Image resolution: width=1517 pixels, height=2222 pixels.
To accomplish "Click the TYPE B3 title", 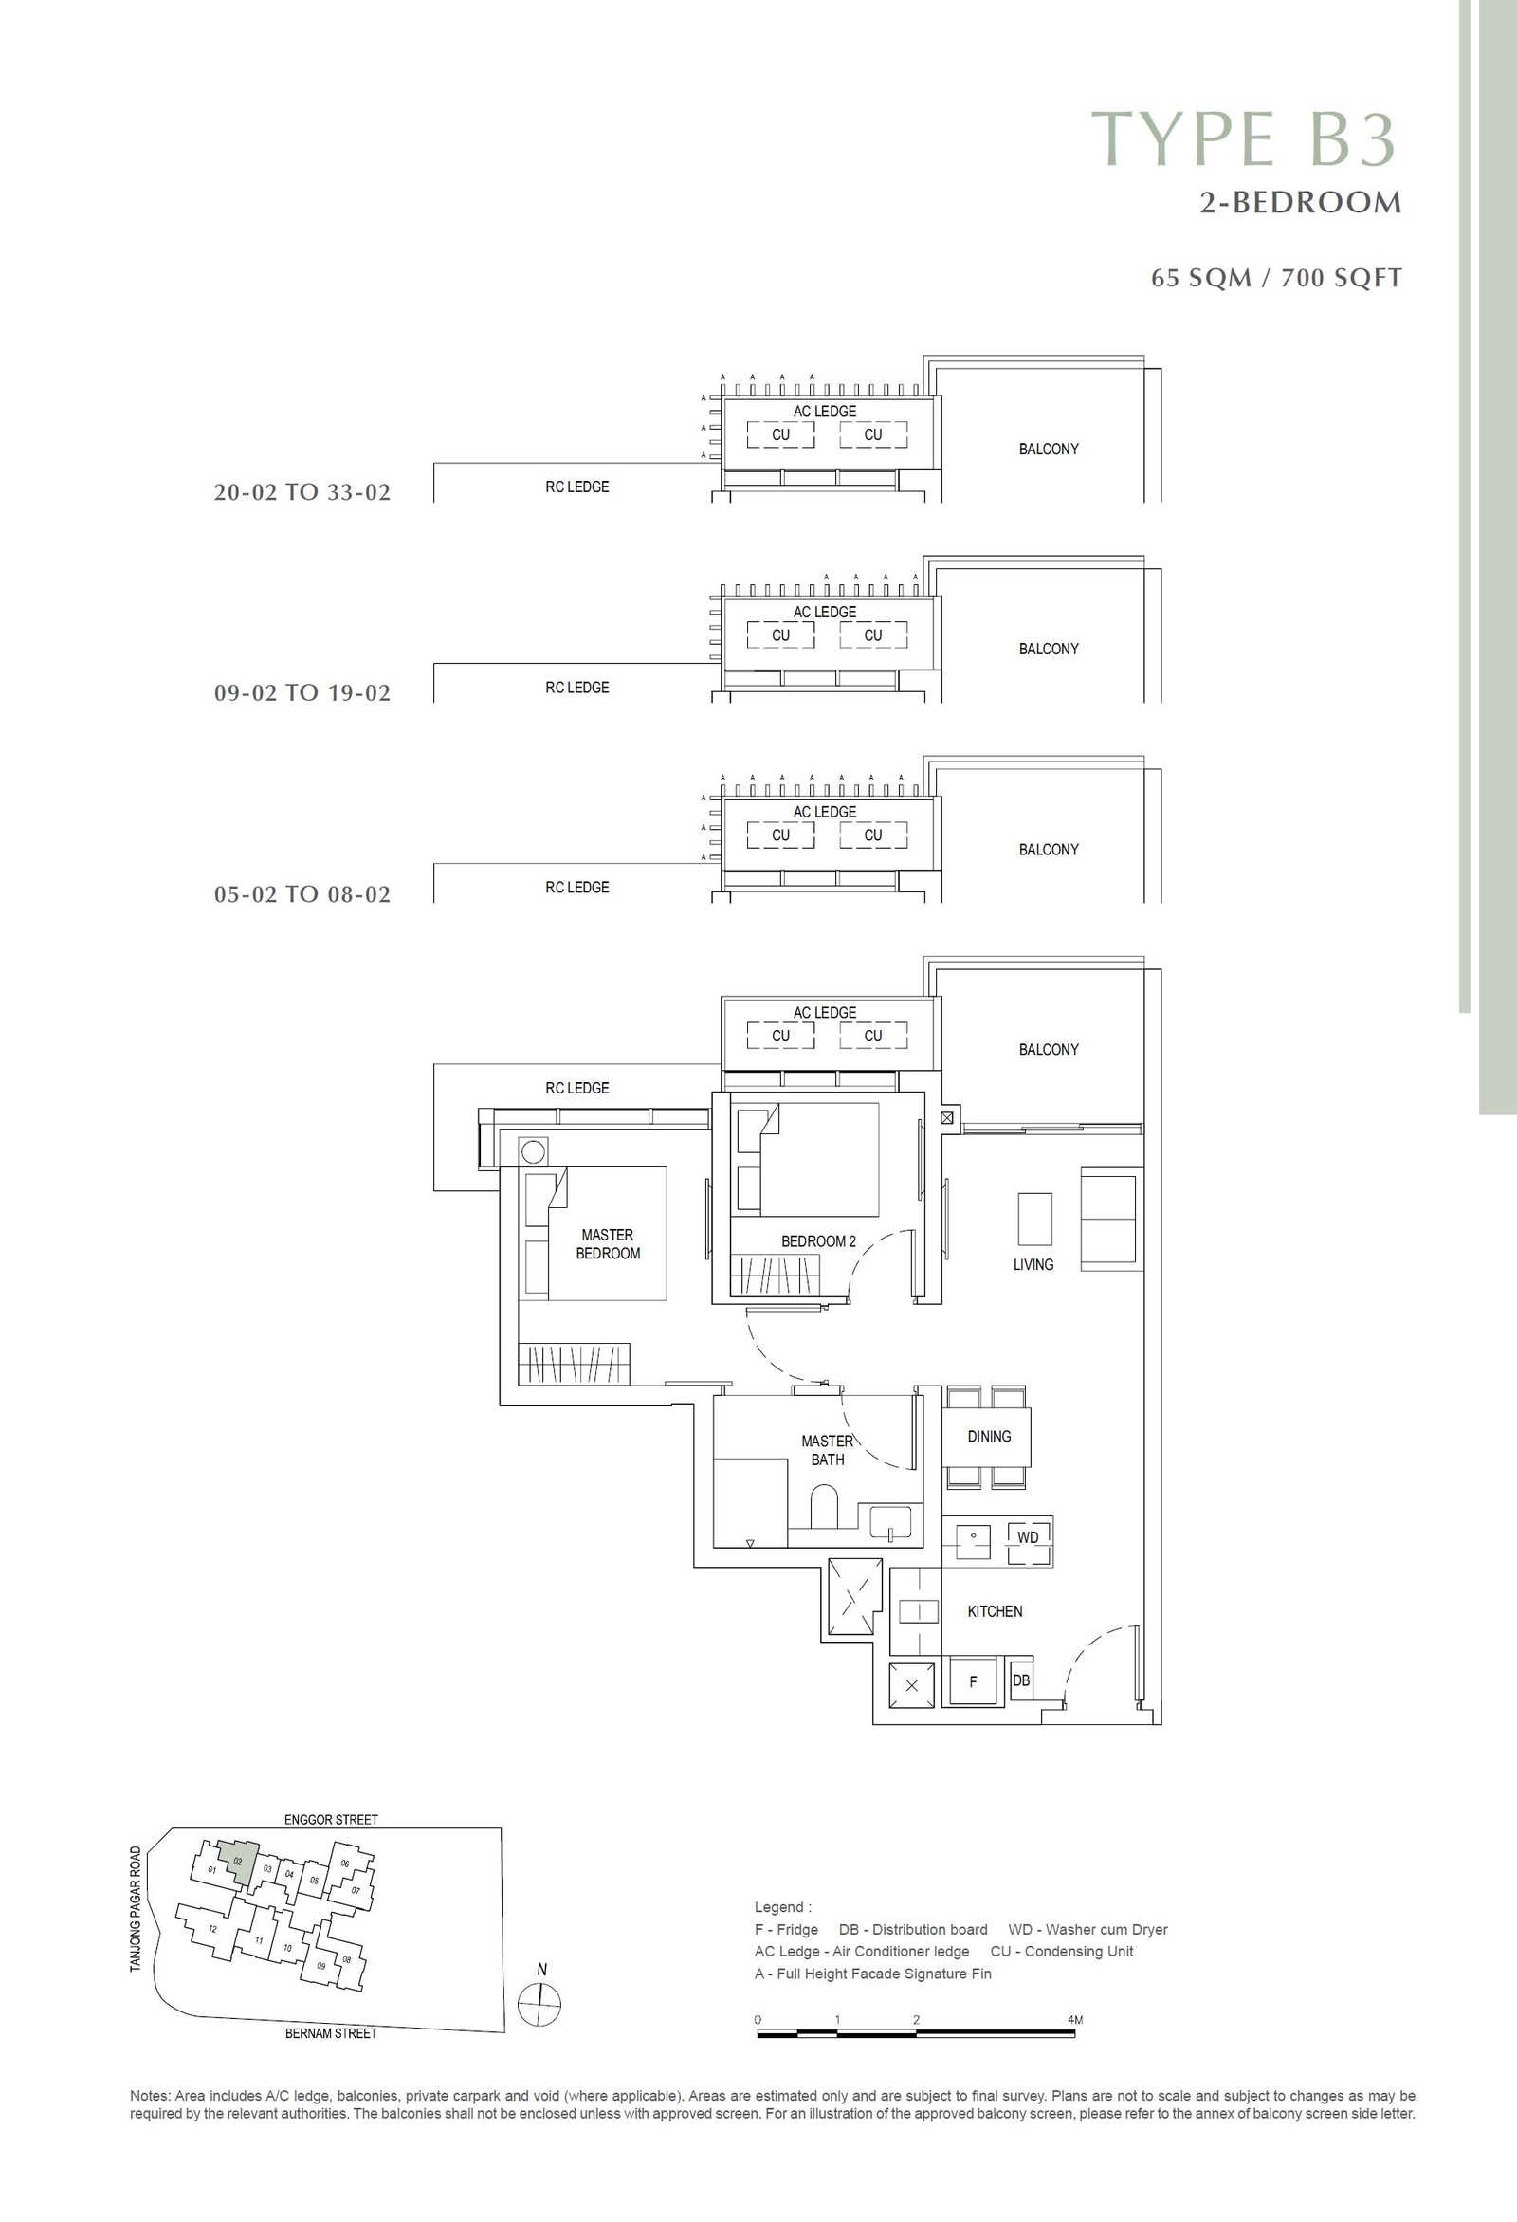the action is tap(1245, 138).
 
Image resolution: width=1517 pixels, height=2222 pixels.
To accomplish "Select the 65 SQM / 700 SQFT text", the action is tap(1276, 278).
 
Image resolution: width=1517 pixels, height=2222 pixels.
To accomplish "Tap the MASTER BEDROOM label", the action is tap(608, 1244).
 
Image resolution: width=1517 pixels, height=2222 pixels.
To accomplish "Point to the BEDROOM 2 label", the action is tap(818, 1241).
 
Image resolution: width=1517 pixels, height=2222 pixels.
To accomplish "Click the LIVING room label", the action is tap(1033, 1264).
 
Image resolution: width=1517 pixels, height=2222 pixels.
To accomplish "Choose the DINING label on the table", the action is tap(988, 1436).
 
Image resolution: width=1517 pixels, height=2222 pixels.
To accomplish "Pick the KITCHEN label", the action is tap(996, 1611).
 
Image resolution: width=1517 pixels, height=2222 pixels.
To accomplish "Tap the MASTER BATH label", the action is tap(828, 1450).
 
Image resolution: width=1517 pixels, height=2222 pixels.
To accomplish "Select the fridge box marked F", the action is tap(972, 1681).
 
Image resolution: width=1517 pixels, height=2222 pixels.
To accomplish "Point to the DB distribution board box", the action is tap(1021, 1680).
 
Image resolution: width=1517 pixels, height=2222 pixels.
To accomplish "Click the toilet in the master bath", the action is tap(824, 1507).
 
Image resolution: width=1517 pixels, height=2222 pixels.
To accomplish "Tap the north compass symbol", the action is tap(540, 2004).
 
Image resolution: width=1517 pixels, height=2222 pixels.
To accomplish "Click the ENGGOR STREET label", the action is tap(331, 1820).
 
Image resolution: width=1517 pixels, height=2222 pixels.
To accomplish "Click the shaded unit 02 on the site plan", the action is tap(237, 1861).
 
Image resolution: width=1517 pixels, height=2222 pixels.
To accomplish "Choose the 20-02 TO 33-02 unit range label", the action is tap(302, 492).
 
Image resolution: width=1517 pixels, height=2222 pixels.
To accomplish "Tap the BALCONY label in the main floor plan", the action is tap(1049, 1049).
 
